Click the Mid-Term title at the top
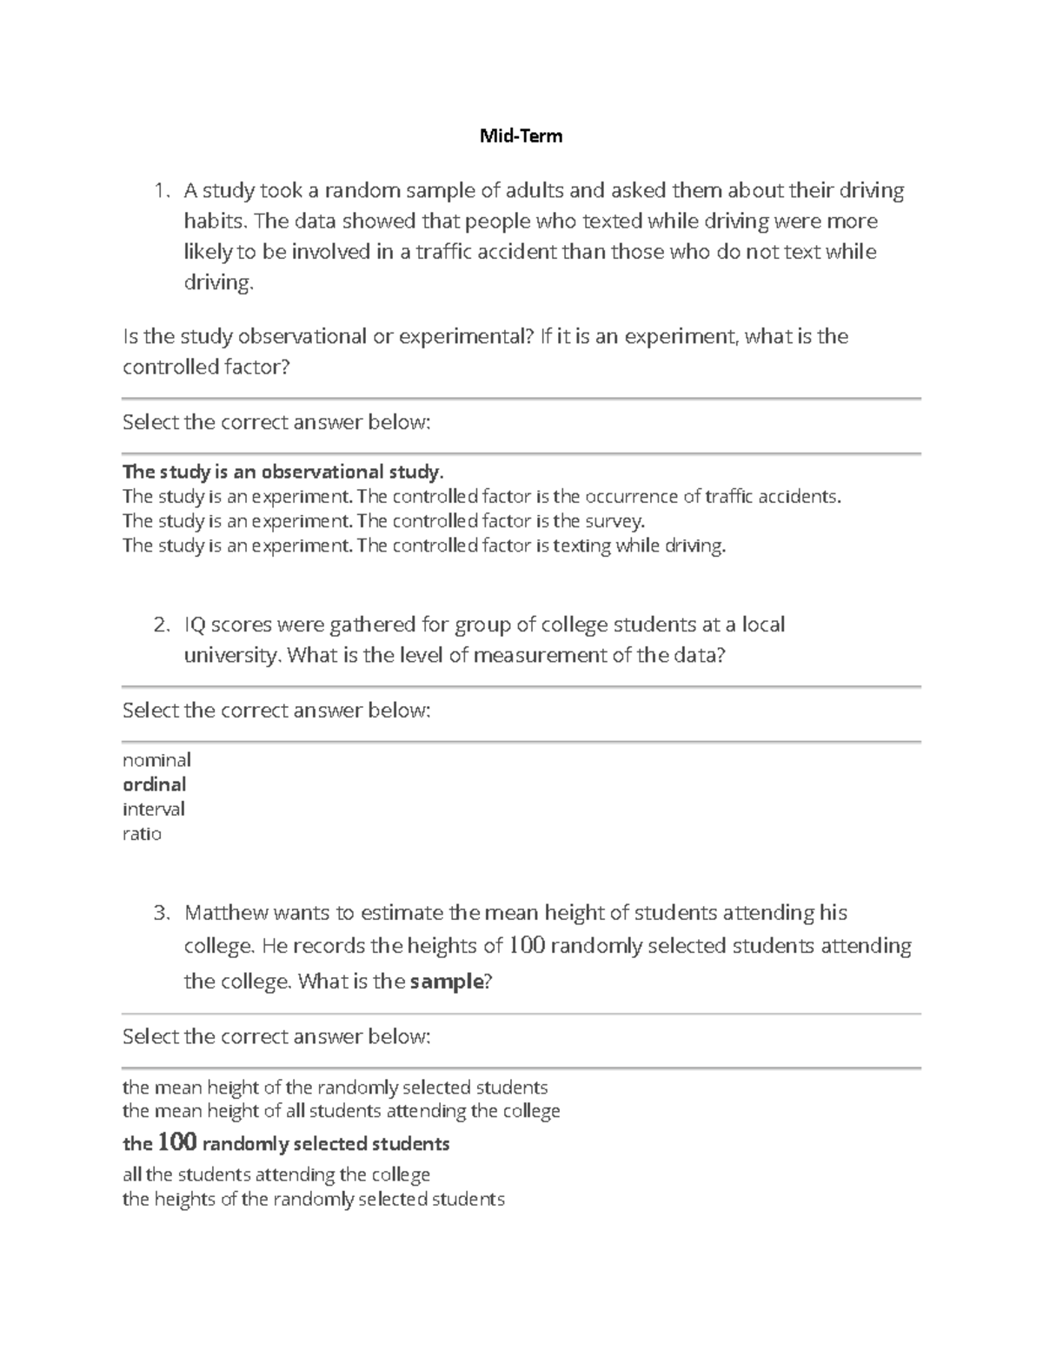[521, 136]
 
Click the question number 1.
[159, 190]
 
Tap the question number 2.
[160, 625]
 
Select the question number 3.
[160, 913]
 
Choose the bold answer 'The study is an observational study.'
[282, 472]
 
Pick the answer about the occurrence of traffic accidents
[482, 497]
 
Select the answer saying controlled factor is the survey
[384, 521]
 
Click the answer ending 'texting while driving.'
[423, 546]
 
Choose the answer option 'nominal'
[156, 760]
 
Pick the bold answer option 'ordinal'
[155, 784]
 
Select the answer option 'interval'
[154, 809]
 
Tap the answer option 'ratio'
[142, 834]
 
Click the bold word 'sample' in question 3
[446, 982]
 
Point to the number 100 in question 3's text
[527, 945]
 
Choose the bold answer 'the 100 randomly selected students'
[286, 1143]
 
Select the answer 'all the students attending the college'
[276, 1175]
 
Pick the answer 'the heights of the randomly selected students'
[313, 1200]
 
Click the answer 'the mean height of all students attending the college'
[341, 1111]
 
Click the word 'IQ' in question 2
[195, 625]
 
